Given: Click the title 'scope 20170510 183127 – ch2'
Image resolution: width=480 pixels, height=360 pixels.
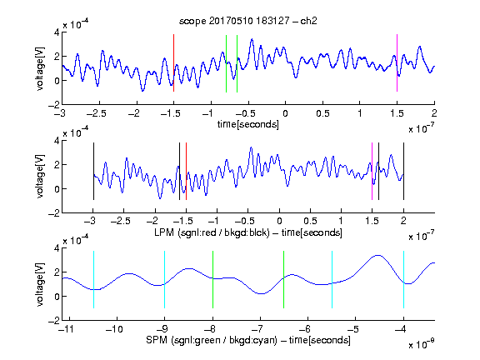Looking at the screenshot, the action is (x=248, y=21).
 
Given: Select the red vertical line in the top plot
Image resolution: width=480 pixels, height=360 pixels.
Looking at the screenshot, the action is (x=173, y=62).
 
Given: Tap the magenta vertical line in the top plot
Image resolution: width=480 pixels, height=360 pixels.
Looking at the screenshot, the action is (x=397, y=62).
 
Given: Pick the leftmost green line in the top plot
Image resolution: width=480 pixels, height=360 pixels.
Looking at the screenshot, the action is (x=226, y=63).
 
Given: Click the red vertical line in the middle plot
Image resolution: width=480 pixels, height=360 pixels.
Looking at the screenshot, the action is (x=186, y=171).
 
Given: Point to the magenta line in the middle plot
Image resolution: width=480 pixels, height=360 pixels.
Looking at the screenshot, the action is (x=372, y=171).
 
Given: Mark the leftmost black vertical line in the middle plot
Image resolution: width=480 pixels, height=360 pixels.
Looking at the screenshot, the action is (x=93, y=171).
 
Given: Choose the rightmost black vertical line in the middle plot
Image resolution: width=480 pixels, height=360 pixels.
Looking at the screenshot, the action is (x=403, y=171).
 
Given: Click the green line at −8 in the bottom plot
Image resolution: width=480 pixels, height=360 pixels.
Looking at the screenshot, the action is (x=212, y=279).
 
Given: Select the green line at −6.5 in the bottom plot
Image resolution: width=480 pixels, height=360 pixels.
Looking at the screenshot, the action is (x=284, y=279).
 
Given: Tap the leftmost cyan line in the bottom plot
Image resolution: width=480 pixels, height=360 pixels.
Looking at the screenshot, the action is (x=93, y=279).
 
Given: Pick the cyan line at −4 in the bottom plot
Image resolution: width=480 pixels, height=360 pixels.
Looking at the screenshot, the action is (x=403, y=279).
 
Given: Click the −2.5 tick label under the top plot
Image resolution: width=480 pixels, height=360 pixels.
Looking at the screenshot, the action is (x=97, y=113).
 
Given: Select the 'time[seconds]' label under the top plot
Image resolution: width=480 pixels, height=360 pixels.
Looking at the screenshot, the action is (x=248, y=124).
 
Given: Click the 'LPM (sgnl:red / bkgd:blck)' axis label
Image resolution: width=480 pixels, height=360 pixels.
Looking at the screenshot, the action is (x=212, y=232).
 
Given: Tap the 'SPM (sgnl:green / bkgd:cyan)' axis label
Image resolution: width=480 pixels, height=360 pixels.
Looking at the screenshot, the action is (x=212, y=340).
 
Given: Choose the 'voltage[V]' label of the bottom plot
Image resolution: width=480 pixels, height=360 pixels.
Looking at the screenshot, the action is (x=40, y=284).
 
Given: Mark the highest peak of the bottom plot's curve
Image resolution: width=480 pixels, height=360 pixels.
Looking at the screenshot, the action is (x=378, y=255).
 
